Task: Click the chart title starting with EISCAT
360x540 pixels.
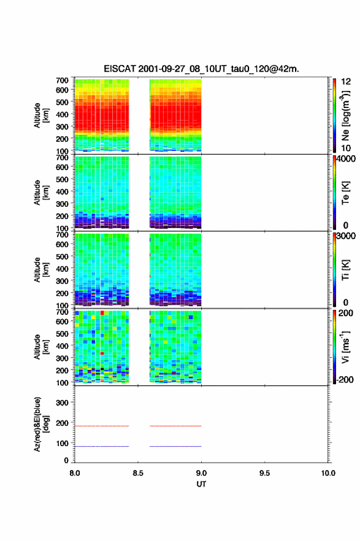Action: [201, 69]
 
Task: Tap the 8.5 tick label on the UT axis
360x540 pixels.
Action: [137, 473]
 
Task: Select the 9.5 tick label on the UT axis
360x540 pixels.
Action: [264, 473]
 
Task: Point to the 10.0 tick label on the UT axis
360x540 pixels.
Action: [328, 473]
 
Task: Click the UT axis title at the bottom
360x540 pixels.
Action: [201, 484]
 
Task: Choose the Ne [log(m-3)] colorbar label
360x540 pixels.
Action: [345, 116]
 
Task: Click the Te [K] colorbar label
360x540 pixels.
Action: [345, 193]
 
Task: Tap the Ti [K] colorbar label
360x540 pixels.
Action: [345, 270]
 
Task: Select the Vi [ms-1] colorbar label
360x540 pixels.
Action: [345, 347]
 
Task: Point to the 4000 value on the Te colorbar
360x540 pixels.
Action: [346, 159]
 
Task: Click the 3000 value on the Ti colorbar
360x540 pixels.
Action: [346, 236]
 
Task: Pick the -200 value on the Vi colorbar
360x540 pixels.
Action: [345, 379]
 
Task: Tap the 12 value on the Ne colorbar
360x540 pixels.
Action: [346, 82]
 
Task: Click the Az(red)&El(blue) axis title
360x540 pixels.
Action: [41, 424]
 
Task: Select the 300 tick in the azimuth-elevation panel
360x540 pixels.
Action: [63, 403]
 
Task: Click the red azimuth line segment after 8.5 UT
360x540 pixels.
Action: [175, 426]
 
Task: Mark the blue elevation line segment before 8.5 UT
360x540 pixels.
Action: [102, 446]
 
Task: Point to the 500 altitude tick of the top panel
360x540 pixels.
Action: [63, 102]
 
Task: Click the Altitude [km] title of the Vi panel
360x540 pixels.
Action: [41, 347]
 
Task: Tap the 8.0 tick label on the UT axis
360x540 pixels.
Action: [75, 473]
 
